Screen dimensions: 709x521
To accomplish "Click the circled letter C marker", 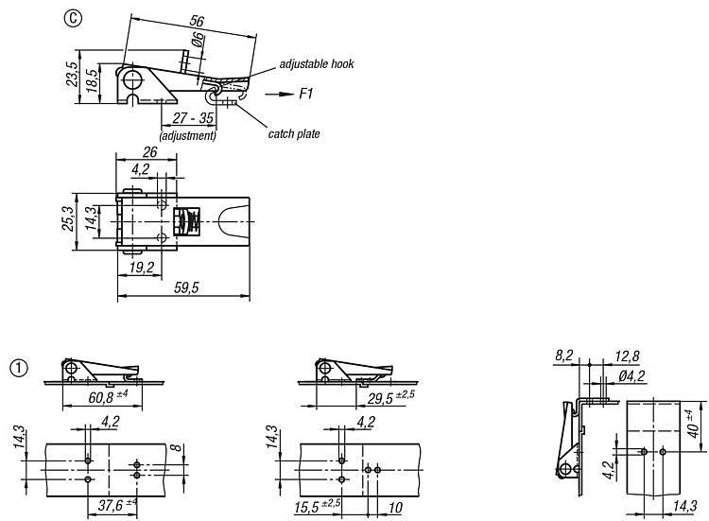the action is pyautogui.click(x=73, y=18).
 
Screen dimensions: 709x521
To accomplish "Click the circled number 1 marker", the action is pyautogui.click(x=19, y=368).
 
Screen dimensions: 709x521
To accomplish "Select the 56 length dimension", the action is pyautogui.click(x=197, y=21).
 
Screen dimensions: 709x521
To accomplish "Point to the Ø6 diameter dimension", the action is pyautogui.click(x=198, y=41).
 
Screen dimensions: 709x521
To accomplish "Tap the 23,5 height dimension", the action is pyautogui.click(x=72, y=74).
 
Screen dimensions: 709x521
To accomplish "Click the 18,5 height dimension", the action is pyautogui.click(x=92, y=81).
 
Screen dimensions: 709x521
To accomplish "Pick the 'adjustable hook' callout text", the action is pyautogui.click(x=317, y=63).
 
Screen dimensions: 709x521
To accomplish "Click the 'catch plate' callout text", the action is pyautogui.click(x=294, y=134).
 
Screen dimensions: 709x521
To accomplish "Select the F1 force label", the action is pyautogui.click(x=306, y=94).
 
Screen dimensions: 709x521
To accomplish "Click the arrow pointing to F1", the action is pyautogui.click(x=280, y=94).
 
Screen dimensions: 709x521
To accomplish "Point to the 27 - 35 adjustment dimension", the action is pyautogui.click(x=193, y=118).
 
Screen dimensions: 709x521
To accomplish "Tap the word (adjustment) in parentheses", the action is pyautogui.click(x=188, y=135).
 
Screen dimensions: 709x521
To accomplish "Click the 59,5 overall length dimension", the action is pyautogui.click(x=186, y=287).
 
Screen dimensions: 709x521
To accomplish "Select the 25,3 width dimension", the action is pyautogui.click(x=68, y=218).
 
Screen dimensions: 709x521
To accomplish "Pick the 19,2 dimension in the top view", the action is pyautogui.click(x=142, y=268).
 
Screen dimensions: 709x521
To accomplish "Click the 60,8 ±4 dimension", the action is pyautogui.click(x=108, y=396).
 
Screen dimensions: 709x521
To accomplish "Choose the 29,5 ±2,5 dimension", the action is pyautogui.click(x=390, y=397).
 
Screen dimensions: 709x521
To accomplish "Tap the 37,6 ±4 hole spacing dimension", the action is pyautogui.click(x=117, y=505).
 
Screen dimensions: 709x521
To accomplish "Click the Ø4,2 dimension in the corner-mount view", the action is pyautogui.click(x=631, y=375).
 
